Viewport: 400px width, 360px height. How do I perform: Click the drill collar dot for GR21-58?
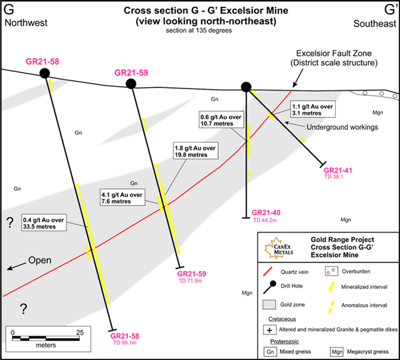pyautogui.click(x=44, y=73)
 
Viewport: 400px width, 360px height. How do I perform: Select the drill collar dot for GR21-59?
pyautogui.click(x=131, y=84)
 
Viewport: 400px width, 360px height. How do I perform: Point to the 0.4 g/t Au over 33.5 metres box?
pyautogui.click(x=44, y=223)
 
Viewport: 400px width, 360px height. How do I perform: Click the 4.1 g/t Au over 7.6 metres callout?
pyautogui.click(x=122, y=198)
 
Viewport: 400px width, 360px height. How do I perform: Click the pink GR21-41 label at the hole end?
pyautogui.click(x=338, y=171)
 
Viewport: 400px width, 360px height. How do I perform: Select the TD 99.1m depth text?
pyautogui.click(x=124, y=343)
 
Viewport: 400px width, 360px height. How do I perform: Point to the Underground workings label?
pyautogui.click(x=342, y=127)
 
